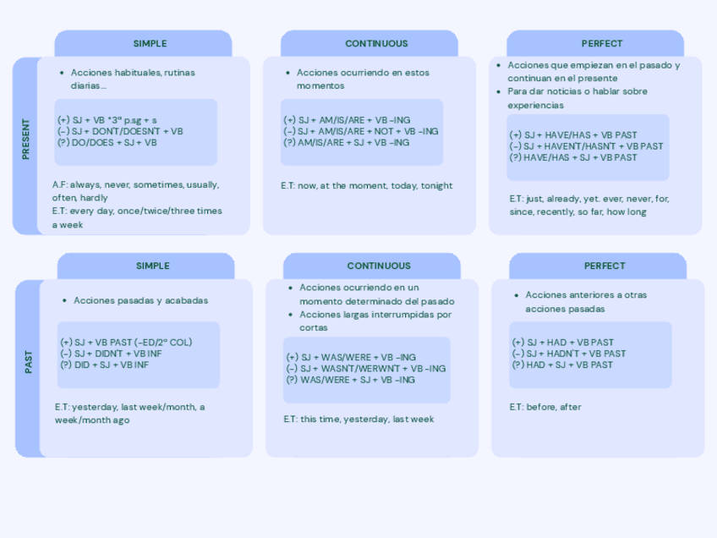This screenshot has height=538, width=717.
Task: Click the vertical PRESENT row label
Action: (x=25, y=140)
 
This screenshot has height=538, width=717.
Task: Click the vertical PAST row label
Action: (x=28, y=363)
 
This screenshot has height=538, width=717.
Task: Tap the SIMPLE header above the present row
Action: (x=150, y=43)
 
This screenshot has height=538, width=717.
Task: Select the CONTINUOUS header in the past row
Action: (x=378, y=266)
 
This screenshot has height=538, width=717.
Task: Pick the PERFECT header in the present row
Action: (x=602, y=43)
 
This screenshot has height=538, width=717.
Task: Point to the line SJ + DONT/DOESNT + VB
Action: (x=120, y=131)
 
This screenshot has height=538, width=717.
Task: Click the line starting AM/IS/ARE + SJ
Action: (x=347, y=143)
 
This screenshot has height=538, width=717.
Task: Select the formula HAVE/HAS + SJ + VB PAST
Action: (x=573, y=157)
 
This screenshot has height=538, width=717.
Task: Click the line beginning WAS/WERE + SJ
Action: (x=351, y=380)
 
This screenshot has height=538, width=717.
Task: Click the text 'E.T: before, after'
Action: (x=545, y=407)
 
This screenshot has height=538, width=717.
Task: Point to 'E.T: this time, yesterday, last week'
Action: (x=358, y=419)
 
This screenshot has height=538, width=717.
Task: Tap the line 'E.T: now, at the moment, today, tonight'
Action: (x=367, y=185)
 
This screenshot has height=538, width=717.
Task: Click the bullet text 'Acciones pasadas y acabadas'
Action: (x=140, y=300)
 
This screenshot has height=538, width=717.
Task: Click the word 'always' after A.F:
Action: (x=85, y=184)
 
